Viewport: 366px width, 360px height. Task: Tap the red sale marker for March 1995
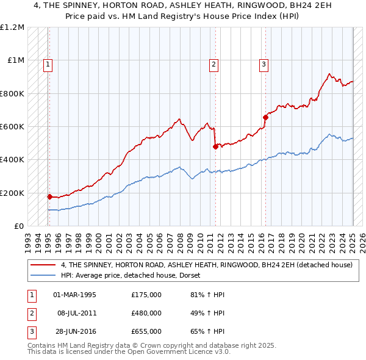[49, 196]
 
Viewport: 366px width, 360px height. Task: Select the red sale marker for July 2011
[215, 146]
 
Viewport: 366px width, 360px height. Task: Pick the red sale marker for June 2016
[265, 117]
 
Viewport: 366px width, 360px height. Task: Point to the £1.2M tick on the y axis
[13, 27]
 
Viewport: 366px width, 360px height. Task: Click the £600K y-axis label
[12, 127]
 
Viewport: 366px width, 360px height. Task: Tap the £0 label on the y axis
[18, 226]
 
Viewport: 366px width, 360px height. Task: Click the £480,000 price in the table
[146, 313]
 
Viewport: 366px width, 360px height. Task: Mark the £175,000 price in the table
[146, 295]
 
